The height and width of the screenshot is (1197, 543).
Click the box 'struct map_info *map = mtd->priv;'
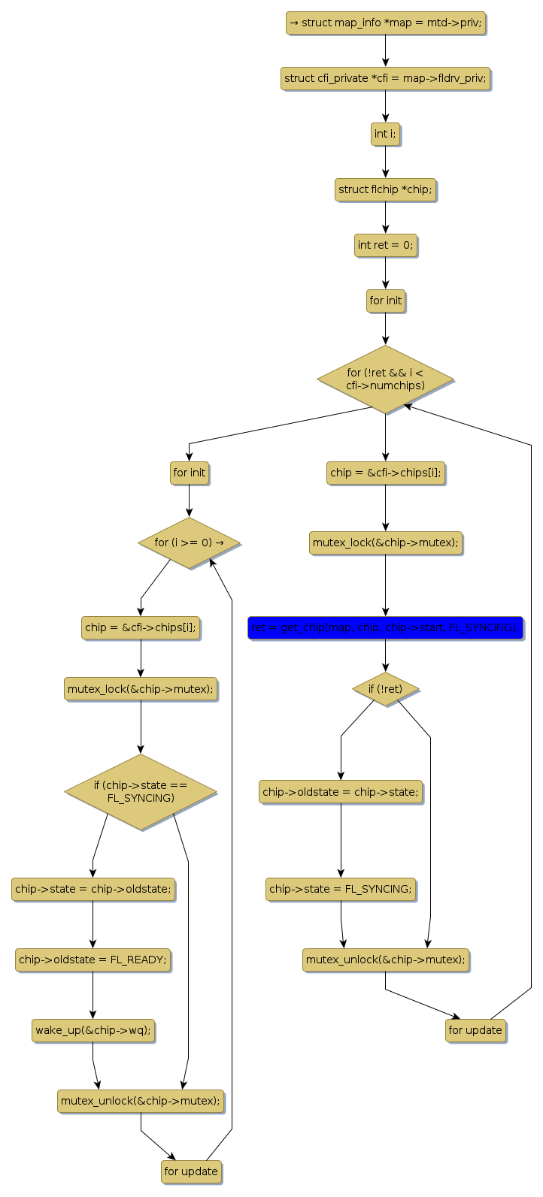[385, 23]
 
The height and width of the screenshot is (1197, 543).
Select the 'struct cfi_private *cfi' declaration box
[385, 78]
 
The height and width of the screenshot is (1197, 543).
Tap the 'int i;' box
[385, 135]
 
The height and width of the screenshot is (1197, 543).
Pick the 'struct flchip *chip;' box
[385, 190]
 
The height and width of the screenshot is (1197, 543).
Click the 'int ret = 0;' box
[385, 245]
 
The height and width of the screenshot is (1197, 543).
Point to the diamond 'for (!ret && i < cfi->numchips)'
[385, 379]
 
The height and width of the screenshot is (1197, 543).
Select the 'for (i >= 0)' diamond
[189, 543]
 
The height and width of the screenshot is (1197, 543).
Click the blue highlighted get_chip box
[385, 627]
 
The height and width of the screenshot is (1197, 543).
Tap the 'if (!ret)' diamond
[385, 688]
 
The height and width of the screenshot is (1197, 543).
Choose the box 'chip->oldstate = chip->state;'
[341, 792]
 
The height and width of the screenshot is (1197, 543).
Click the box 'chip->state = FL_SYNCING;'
[341, 889]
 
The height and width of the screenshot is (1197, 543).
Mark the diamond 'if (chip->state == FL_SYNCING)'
[141, 792]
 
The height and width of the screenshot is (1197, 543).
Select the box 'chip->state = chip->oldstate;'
[93, 889]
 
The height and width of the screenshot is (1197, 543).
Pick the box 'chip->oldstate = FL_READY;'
[93, 960]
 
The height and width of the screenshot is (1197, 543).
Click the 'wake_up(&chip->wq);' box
[93, 1030]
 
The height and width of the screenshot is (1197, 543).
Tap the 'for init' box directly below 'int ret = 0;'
[385, 301]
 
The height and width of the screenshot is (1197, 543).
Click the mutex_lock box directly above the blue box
[385, 543]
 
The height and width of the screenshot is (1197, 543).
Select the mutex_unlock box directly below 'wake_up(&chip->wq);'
[141, 1101]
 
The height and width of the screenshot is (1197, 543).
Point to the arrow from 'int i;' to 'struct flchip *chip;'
[385, 162]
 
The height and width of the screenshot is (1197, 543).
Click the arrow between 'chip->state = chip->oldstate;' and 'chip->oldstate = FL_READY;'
[93, 924]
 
